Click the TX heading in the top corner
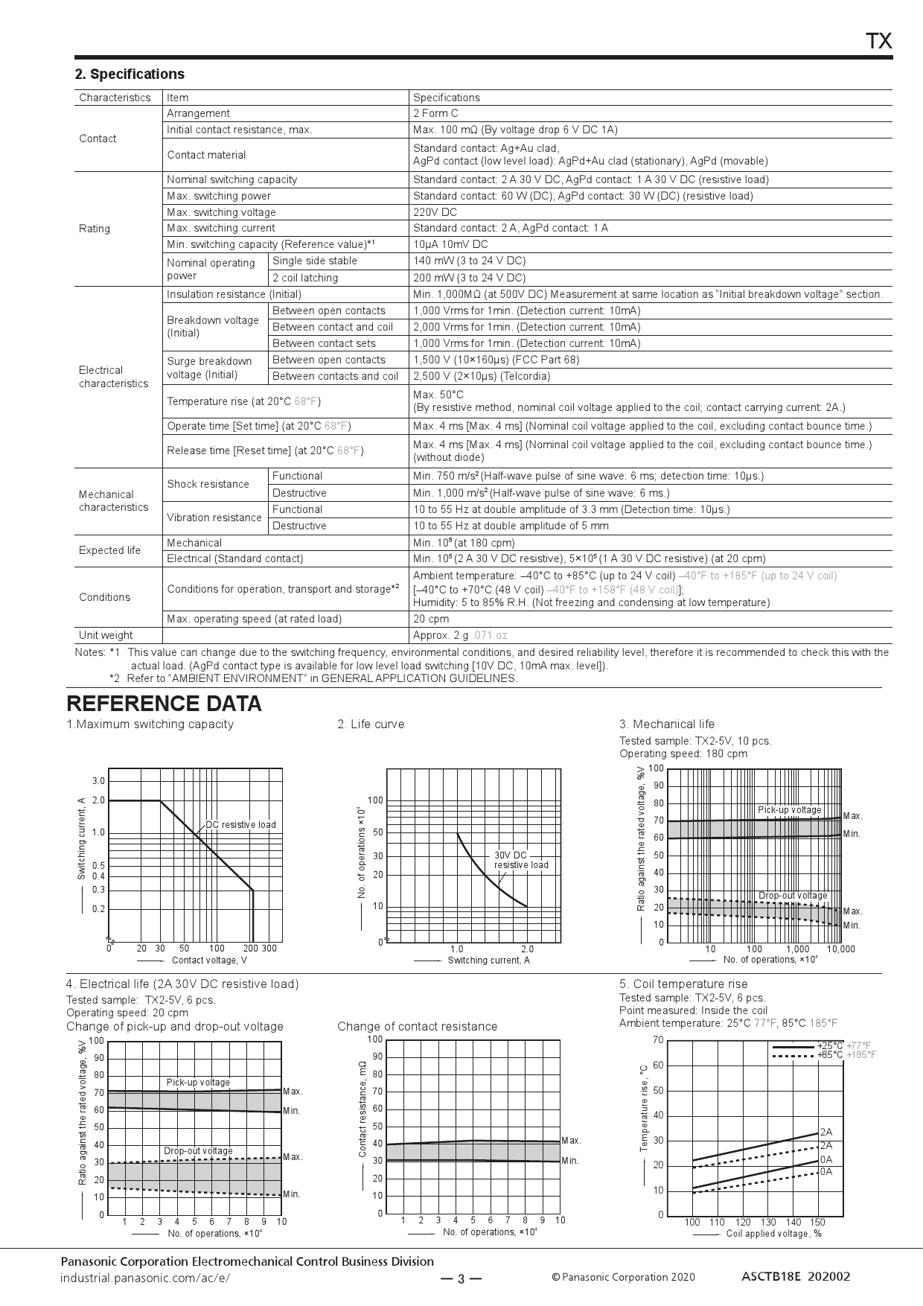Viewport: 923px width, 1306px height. click(879, 42)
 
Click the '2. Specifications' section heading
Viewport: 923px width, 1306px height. click(130, 74)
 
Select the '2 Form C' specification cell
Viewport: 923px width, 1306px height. click(435, 113)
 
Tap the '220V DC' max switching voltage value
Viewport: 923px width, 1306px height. click(435, 212)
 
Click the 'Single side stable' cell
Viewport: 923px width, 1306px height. click(314, 261)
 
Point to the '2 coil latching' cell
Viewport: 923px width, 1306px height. click(304, 278)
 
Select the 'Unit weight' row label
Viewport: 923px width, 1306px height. click(106, 635)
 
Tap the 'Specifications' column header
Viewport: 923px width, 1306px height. click(447, 98)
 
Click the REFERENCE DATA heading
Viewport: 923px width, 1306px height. click(164, 704)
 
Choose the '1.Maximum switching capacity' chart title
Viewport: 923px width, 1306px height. click(150, 724)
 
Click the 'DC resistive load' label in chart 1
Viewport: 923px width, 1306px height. click(240, 824)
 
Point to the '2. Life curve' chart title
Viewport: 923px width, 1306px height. click(371, 724)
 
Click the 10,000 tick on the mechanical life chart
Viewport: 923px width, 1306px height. click(840, 949)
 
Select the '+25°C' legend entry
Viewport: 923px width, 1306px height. click(829, 1045)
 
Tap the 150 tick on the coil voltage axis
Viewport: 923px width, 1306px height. click(817, 1222)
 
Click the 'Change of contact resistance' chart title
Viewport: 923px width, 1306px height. click(417, 1027)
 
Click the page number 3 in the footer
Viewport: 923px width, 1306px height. click(461, 1280)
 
